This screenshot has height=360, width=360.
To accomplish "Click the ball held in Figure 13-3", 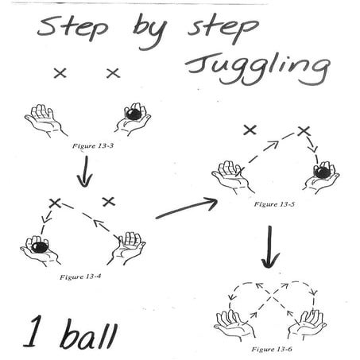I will coord(134,114).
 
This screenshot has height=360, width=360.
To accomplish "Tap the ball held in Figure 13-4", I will coord(39,249).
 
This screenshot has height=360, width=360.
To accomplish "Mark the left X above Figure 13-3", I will coord(59,73).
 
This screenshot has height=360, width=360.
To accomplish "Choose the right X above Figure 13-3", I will coord(113,73).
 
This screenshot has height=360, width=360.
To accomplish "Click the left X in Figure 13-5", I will coord(250,129).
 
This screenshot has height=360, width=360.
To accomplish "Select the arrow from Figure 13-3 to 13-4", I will coord(83,173).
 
